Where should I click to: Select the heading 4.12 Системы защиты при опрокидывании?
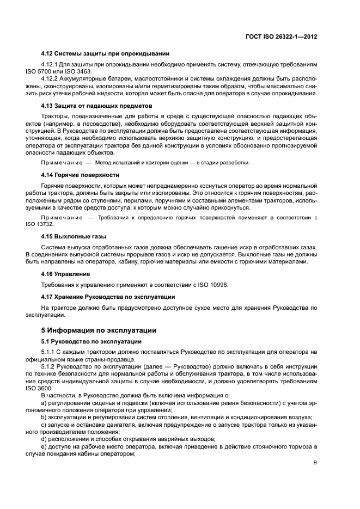105,53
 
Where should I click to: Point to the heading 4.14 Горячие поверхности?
80,175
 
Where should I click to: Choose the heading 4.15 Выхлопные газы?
74,237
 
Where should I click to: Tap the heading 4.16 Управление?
65,273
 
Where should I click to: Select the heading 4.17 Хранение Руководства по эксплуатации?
108,297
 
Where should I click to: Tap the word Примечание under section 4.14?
60,217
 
